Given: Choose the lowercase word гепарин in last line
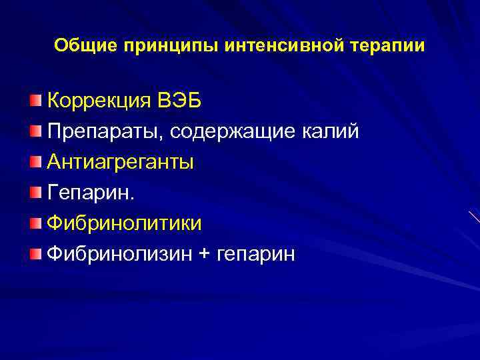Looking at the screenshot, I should pyautogui.click(x=255, y=255).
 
